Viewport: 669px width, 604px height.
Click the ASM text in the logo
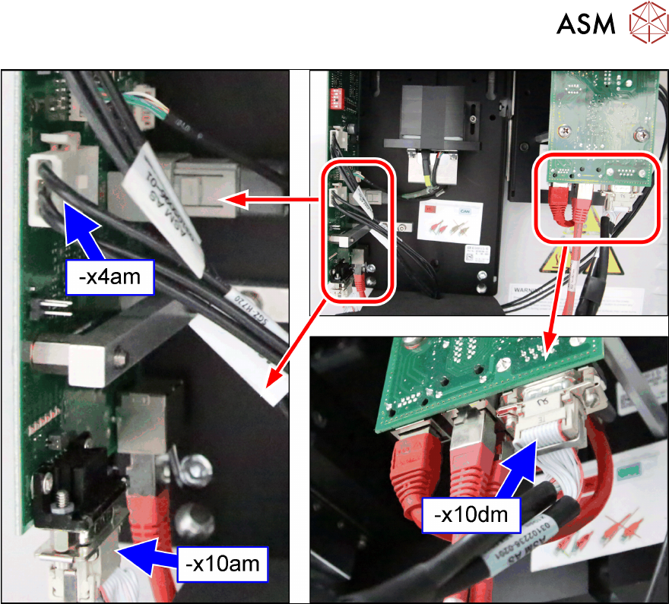click(585, 24)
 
